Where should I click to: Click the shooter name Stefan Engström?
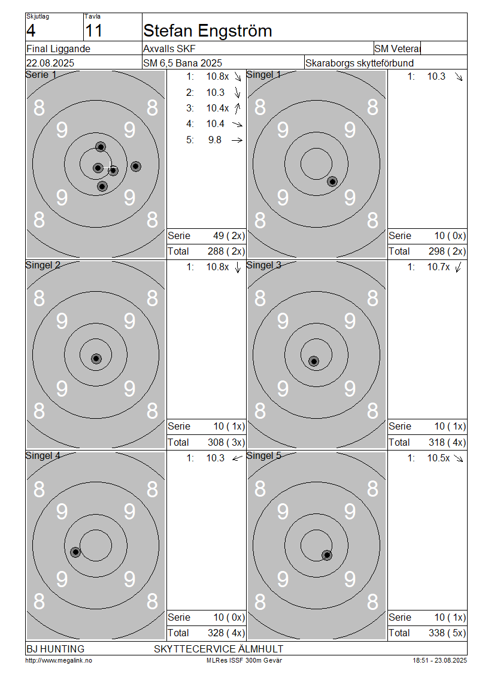207,31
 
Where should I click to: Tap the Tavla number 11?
93,31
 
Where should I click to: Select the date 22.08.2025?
50,63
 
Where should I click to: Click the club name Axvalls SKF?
169,49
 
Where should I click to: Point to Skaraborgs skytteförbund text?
359,63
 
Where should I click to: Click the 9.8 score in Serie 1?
214,140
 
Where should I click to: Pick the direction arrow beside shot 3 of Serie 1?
237,108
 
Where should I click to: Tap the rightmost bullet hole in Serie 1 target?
136,166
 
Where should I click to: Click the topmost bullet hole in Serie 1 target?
101,147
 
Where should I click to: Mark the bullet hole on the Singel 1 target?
332,182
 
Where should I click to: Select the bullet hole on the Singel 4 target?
75,552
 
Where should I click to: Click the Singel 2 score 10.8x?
217,267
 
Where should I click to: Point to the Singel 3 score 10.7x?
438,267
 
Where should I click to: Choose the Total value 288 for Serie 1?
216,251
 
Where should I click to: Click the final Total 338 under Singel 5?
436,633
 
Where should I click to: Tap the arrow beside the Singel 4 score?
237,458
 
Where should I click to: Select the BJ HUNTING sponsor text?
55,649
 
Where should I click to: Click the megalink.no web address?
59,660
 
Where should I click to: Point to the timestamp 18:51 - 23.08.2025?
439,660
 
